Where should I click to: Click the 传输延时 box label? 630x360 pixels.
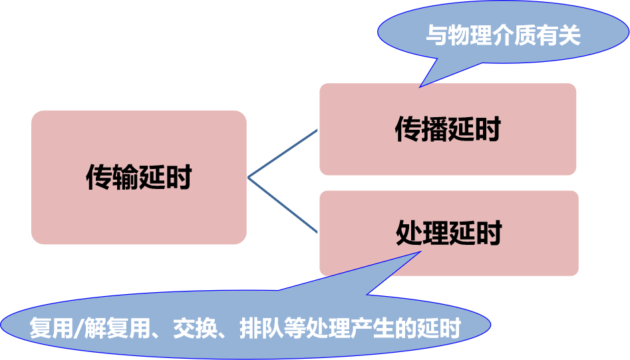139,178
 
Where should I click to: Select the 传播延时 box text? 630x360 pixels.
448,129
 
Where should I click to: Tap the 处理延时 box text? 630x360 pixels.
448,234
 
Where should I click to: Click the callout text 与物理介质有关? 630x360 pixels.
503,35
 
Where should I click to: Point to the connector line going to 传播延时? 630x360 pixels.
283,154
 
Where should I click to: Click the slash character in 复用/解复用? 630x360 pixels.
84,329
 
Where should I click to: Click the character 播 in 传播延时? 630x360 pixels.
435,129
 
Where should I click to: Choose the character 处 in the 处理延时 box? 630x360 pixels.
409,234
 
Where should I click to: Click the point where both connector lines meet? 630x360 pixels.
248,178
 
